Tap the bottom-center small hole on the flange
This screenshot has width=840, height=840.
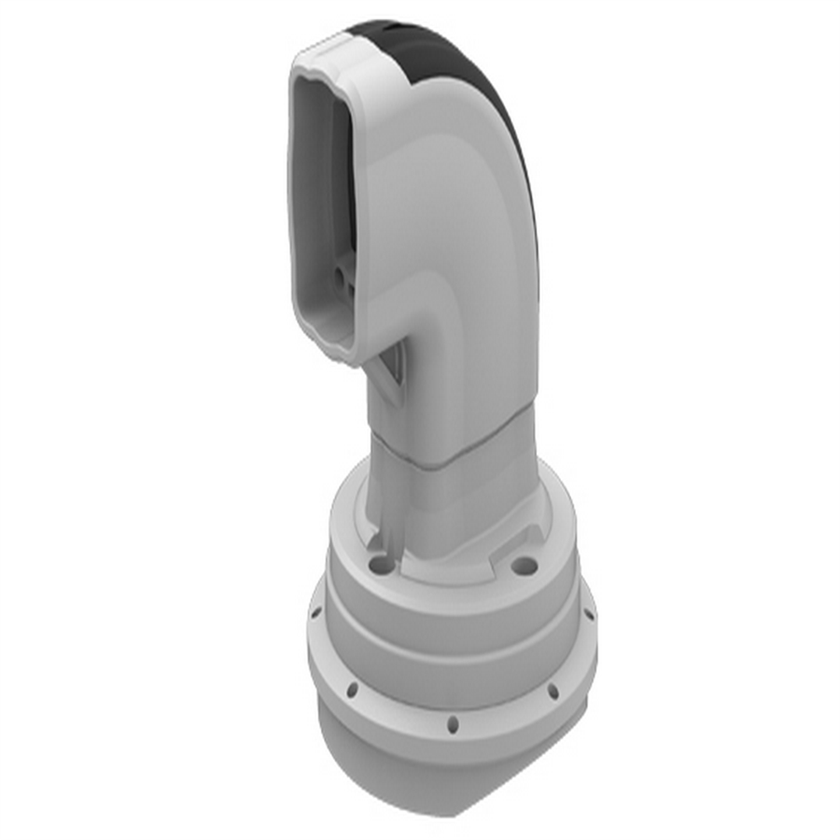click(x=453, y=723)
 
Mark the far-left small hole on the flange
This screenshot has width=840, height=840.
click(x=315, y=613)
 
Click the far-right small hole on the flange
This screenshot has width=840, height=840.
click(x=588, y=614)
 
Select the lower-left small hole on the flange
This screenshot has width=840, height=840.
click(x=352, y=691)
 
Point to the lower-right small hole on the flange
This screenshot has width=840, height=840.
click(x=553, y=692)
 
